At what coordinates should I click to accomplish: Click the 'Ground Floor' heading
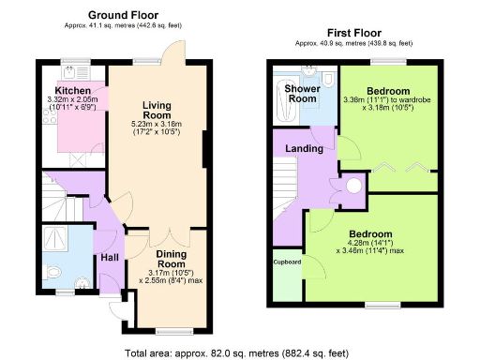click(x=123, y=16)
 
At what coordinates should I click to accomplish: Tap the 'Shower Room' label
click(x=304, y=94)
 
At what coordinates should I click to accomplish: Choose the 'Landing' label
click(x=306, y=149)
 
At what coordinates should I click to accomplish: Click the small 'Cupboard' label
click(x=288, y=262)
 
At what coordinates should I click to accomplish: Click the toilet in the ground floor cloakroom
click(x=54, y=274)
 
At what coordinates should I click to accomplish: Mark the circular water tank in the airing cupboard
click(x=354, y=186)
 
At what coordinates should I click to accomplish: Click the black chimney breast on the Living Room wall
click(x=205, y=147)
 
